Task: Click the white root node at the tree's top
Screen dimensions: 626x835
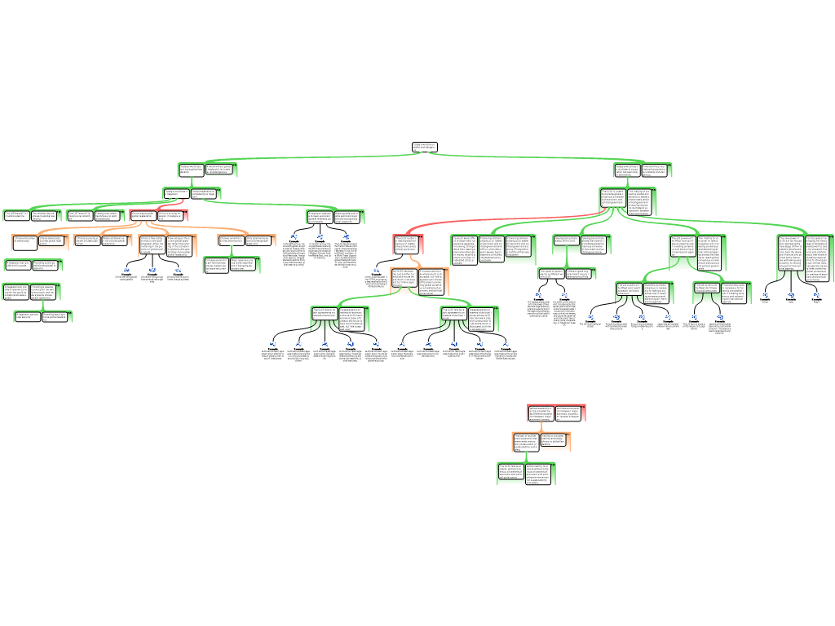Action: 424,147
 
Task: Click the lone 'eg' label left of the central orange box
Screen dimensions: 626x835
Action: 376,269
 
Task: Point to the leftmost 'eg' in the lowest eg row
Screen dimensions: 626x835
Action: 273,343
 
